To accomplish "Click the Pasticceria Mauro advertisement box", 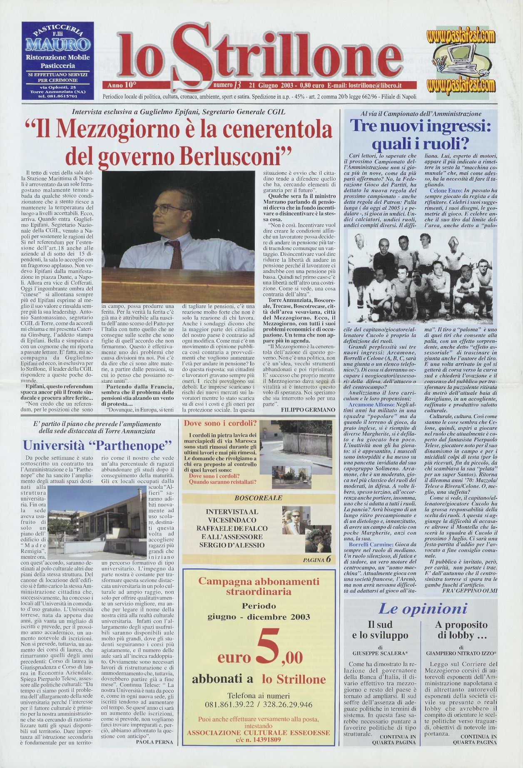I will pyautogui.click(x=57, y=61).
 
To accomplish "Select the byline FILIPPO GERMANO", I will pyautogui.click(x=308, y=410).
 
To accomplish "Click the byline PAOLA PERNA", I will pyautogui.click(x=154, y=741).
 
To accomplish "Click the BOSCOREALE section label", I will pyautogui.click(x=258, y=498).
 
